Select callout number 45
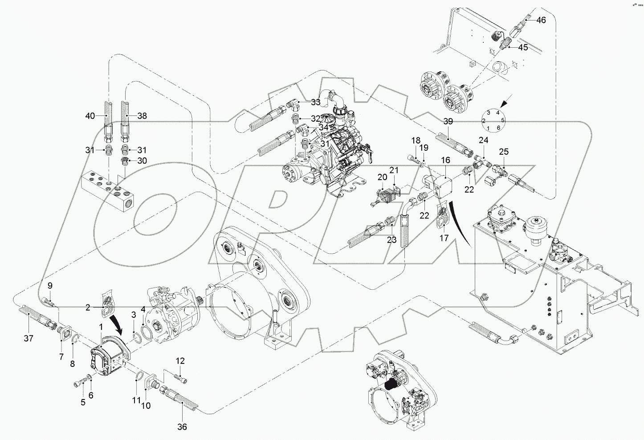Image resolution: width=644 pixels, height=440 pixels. click(522, 47)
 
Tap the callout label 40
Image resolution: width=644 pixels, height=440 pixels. click(90, 116)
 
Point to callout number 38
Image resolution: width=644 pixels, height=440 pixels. click(142, 116)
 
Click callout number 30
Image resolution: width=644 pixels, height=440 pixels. click(142, 160)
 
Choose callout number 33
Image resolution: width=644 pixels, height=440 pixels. click(315, 102)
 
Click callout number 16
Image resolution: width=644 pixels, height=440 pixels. click(445, 160)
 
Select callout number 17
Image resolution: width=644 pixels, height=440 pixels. click(444, 239)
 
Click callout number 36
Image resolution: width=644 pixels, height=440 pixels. click(182, 427)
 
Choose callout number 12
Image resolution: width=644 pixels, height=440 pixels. click(179, 361)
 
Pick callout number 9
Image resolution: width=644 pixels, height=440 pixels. click(50, 285)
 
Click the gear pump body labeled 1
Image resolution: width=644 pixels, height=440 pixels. click(107, 357)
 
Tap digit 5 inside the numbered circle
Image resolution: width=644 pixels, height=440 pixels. click(502, 120)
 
